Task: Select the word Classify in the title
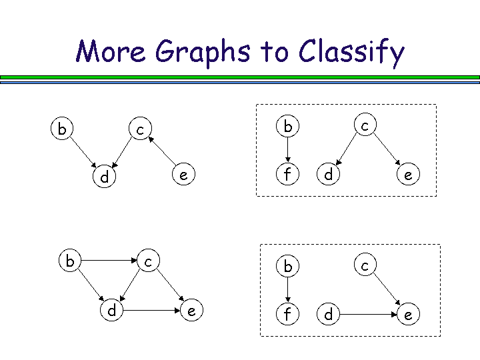[351, 52]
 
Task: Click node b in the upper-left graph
[62, 128]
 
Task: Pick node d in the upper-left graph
[104, 177]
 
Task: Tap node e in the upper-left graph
[183, 175]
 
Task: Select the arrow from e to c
[162, 151]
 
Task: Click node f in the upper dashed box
[287, 175]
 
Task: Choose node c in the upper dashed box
[365, 125]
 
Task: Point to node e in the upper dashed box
[408, 175]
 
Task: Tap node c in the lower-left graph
[149, 261]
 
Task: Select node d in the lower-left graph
[111, 310]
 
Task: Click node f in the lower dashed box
[287, 314]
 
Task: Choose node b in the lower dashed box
[287, 266]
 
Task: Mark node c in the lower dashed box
[365, 265]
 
